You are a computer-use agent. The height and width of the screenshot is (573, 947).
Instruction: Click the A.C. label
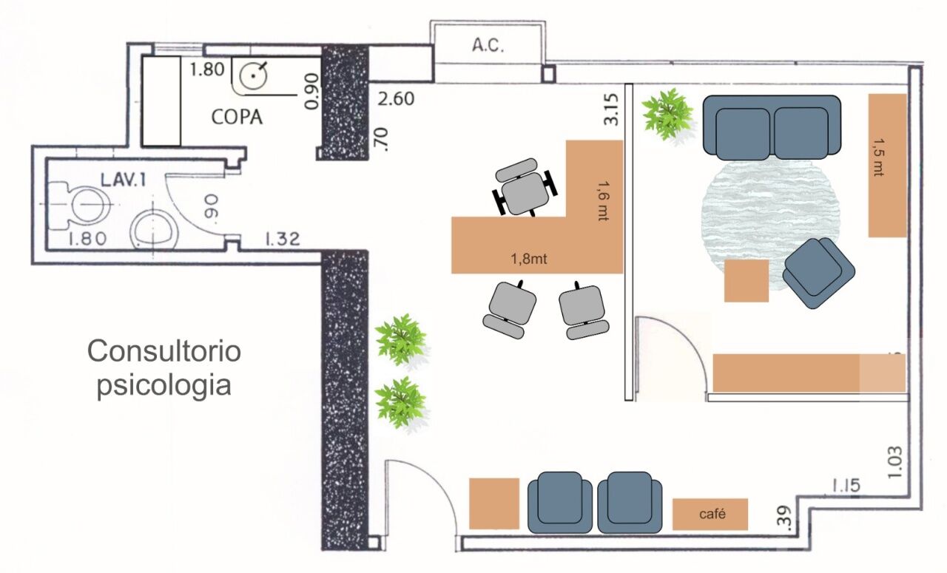click(x=488, y=45)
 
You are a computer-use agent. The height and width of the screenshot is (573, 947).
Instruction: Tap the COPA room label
click(x=237, y=117)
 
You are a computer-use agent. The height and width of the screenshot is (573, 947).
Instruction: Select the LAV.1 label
click(x=123, y=180)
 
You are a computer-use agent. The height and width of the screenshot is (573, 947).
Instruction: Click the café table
click(x=710, y=515)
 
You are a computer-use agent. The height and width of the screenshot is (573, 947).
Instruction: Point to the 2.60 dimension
click(x=396, y=99)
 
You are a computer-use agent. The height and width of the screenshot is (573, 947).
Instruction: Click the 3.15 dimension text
click(x=611, y=109)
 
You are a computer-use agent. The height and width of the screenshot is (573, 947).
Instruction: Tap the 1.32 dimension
click(x=283, y=239)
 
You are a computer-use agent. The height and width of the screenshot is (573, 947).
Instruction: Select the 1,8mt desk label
click(x=529, y=259)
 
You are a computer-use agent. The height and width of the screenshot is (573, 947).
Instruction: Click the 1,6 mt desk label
click(x=603, y=200)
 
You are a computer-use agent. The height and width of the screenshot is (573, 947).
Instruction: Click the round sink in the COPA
click(x=253, y=76)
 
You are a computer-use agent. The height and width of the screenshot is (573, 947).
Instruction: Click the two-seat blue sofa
click(x=772, y=127)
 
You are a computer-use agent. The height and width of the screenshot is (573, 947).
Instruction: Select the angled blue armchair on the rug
click(x=818, y=273)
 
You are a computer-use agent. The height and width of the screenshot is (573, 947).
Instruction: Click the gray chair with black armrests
click(x=525, y=188)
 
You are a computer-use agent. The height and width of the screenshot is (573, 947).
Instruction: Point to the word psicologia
click(x=164, y=385)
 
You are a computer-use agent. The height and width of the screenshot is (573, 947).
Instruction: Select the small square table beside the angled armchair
click(x=747, y=280)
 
